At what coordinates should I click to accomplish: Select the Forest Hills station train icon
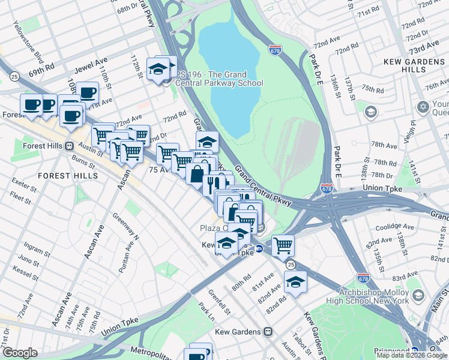(x=70, y=145)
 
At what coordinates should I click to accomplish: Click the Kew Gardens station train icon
(x=268, y=332)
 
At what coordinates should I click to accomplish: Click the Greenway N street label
(x=127, y=229)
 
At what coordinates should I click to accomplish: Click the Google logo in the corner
(x=20, y=353)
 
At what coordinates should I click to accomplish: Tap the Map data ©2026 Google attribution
(x=411, y=355)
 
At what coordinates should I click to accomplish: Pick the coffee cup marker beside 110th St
(x=88, y=92)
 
